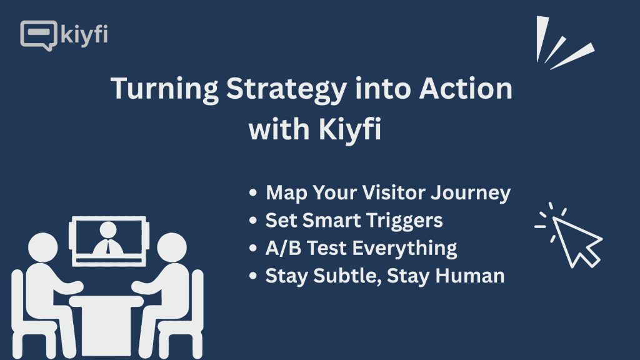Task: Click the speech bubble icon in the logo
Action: coord(38,35)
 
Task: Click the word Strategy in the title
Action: coord(286,89)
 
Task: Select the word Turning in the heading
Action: coord(165,89)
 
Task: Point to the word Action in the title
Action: coord(466,88)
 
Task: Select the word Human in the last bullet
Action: coord(470,276)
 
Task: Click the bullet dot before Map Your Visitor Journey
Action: coord(253,192)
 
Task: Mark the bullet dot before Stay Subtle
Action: coord(253,276)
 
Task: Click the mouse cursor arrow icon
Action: coord(577,241)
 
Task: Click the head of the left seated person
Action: coord(43,247)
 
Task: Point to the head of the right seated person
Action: coord(172,247)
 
